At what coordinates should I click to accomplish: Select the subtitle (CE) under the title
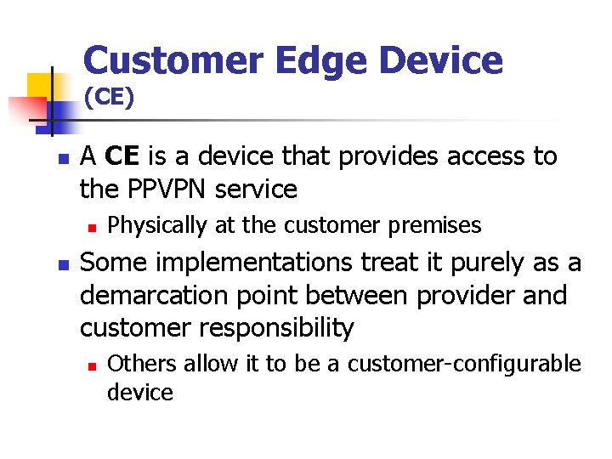[x=109, y=98]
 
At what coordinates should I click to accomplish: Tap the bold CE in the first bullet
[x=123, y=156]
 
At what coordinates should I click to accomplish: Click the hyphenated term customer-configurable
[x=464, y=365]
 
